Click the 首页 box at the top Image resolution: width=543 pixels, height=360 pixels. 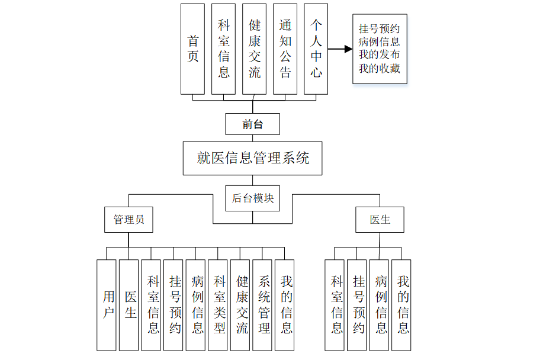pos(192,49)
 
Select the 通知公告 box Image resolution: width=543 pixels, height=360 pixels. pos(285,49)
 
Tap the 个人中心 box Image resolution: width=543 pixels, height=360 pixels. pos(316,49)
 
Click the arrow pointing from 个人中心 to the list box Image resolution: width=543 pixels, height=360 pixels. pos(340,49)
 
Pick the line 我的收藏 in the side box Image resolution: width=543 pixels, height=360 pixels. pos(379,68)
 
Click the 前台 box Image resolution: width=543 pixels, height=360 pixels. pos(252,124)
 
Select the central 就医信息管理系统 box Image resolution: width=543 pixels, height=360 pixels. pos(253,158)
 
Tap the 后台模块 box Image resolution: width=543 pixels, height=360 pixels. pos(253,198)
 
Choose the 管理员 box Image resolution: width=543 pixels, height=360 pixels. pos(128,219)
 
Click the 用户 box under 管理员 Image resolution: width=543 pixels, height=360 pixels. pos(107,304)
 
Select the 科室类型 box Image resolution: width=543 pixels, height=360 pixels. pos(219,304)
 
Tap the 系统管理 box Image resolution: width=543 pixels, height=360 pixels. pos(264,304)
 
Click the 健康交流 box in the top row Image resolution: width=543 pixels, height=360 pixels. pos(255,49)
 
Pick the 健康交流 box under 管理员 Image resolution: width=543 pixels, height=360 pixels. pos(241,304)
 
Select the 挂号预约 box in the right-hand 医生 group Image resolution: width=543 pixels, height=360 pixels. pos(358,304)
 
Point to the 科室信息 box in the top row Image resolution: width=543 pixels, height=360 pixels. pos(224,49)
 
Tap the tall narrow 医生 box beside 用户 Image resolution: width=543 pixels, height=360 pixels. pos(129,304)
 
